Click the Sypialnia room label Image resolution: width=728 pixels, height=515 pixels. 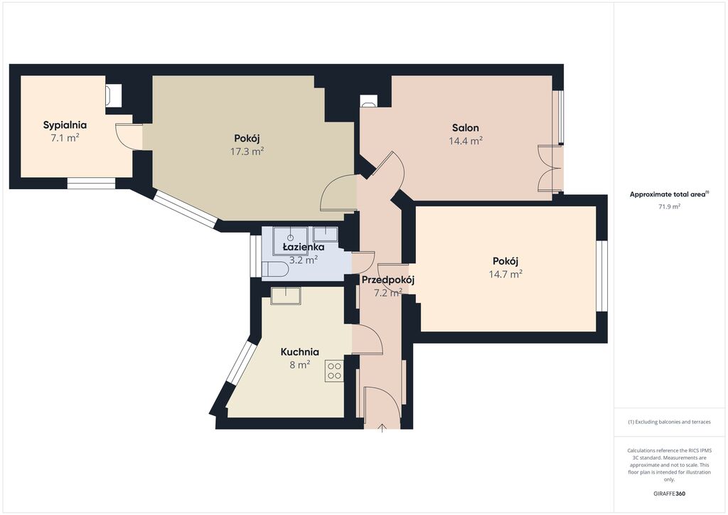[x=65, y=125]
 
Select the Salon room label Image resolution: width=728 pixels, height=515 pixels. [x=466, y=128]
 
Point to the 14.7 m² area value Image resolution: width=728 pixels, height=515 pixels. [x=506, y=273]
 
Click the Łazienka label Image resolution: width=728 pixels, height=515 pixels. [x=304, y=247]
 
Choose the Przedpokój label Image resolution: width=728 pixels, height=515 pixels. [x=387, y=280]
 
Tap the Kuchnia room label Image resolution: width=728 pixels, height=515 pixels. [x=299, y=351]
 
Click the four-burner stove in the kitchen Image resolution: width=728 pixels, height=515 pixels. [x=334, y=371]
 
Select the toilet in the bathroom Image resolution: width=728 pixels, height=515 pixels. [x=275, y=269]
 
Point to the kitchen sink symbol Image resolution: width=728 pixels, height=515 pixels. [x=286, y=295]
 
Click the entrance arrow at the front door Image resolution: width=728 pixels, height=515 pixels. [x=382, y=427]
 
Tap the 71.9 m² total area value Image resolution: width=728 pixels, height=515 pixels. [x=669, y=206]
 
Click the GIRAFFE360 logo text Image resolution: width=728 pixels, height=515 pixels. [x=670, y=494]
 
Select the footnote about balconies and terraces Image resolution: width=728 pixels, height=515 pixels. [x=669, y=422]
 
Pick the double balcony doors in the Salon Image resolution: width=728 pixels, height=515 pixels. [x=550, y=168]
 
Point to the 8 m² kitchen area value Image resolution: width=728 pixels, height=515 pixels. [x=299, y=365]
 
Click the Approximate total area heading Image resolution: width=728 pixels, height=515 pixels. [x=668, y=194]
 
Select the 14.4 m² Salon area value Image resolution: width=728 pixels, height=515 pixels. [x=466, y=141]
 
